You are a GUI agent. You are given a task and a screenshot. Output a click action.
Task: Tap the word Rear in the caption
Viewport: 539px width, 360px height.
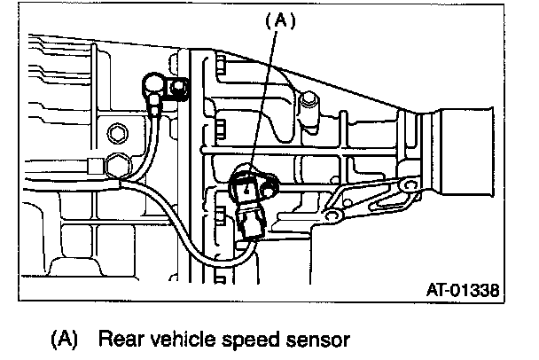tap(121, 339)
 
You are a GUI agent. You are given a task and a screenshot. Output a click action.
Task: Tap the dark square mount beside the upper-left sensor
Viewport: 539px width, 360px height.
tap(180, 88)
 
